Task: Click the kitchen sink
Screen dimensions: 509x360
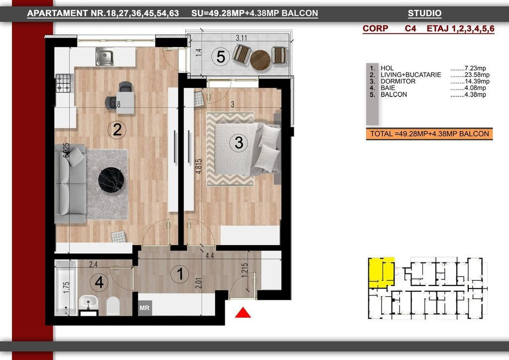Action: coord(104,57)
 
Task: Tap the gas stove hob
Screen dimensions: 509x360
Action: coord(64,83)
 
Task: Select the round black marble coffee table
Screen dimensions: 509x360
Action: coord(111,180)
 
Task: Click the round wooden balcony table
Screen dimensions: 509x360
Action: coord(260,60)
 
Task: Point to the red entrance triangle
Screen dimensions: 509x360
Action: coord(243,313)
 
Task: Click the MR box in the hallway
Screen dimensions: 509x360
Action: coord(145,308)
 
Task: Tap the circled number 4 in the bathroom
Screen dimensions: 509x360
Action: coord(99,282)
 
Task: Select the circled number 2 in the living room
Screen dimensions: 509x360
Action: coord(117,130)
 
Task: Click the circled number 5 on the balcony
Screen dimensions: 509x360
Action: coord(221,57)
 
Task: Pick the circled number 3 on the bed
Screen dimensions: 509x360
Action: coord(239,143)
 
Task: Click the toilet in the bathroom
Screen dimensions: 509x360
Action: coord(113,306)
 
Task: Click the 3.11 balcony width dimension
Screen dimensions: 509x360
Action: coord(242,38)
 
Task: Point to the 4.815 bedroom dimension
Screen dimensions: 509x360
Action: coord(199,166)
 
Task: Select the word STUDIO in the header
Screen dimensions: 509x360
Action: coord(424,13)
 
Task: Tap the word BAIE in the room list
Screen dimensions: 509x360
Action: coord(388,88)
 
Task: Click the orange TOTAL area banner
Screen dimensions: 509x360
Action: coord(429,134)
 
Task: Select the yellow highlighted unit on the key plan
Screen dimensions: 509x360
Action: coord(381,272)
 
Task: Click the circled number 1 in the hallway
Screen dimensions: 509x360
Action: coord(180,273)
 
